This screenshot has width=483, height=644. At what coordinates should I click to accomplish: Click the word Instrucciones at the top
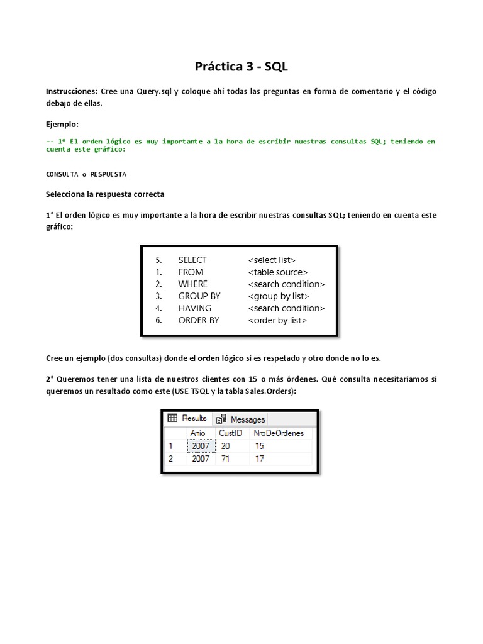(72, 92)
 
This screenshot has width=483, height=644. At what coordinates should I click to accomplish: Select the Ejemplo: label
(63, 125)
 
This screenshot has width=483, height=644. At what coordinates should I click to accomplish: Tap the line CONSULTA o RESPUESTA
(86, 174)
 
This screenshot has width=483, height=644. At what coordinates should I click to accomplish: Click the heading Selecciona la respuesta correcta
(105, 194)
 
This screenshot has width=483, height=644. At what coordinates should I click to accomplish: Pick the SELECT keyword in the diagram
(192, 260)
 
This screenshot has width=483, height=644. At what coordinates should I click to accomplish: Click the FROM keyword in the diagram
(191, 272)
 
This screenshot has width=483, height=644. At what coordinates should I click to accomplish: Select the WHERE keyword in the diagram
(192, 284)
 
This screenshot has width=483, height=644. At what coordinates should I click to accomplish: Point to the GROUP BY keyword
(199, 296)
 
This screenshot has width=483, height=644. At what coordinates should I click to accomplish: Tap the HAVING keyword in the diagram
(195, 308)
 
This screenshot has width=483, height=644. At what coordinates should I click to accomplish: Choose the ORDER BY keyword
(199, 320)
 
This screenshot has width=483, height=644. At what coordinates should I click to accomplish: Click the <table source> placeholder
(277, 272)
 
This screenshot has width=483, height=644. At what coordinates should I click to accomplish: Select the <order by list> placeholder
(277, 320)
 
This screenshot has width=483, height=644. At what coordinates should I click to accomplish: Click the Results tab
(188, 418)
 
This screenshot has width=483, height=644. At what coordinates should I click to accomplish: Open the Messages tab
(241, 419)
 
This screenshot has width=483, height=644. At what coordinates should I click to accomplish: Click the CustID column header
(230, 433)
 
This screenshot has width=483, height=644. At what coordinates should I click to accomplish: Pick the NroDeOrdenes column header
(278, 433)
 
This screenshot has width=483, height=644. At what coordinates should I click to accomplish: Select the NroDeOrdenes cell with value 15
(260, 446)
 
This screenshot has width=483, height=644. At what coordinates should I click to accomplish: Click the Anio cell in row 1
(201, 446)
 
